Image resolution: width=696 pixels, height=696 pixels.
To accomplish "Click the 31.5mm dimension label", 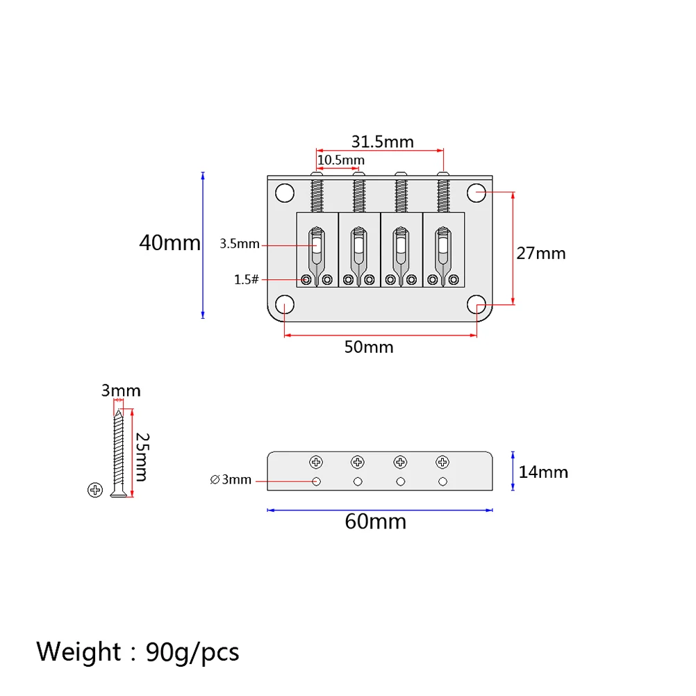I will (x=382, y=142).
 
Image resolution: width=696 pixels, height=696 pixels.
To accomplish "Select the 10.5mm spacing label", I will (x=340, y=160).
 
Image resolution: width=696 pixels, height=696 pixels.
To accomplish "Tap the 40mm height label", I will (x=169, y=242).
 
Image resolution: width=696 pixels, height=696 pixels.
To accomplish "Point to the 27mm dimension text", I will (x=540, y=253).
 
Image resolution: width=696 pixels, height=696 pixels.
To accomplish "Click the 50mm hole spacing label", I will (x=369, y=347).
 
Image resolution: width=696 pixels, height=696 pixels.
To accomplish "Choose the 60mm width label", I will (x=375, y=521).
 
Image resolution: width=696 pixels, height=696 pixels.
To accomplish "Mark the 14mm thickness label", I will (x=543, y=472).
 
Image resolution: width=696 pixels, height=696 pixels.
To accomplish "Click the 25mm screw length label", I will (x=142, y=456).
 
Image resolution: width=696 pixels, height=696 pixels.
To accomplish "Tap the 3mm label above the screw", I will (x=121, y=391).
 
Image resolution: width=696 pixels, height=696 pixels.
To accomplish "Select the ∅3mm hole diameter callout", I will (x=230, y=479).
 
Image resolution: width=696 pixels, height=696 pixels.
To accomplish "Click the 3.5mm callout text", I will (x=239, y=244).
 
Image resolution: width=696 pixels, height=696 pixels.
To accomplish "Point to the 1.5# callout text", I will (x=246, y=279).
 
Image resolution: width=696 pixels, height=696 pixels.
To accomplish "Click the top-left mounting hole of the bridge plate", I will (x=283, y=192).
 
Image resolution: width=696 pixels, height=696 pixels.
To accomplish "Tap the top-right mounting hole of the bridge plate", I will (x=476, y=192).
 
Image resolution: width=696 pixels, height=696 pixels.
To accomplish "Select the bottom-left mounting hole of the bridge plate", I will (x=284, y=305).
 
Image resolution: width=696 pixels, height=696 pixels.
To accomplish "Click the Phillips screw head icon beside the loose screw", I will (x=95, y=490).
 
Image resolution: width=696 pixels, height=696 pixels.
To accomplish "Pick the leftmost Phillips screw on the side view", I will (x=316, y=461).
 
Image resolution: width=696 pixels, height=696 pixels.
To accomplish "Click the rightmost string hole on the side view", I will (x=442, y=481).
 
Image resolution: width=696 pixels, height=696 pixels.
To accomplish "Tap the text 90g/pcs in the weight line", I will (x=192, y=652).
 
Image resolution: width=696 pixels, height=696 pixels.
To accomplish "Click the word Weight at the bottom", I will (x=79, y=652).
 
